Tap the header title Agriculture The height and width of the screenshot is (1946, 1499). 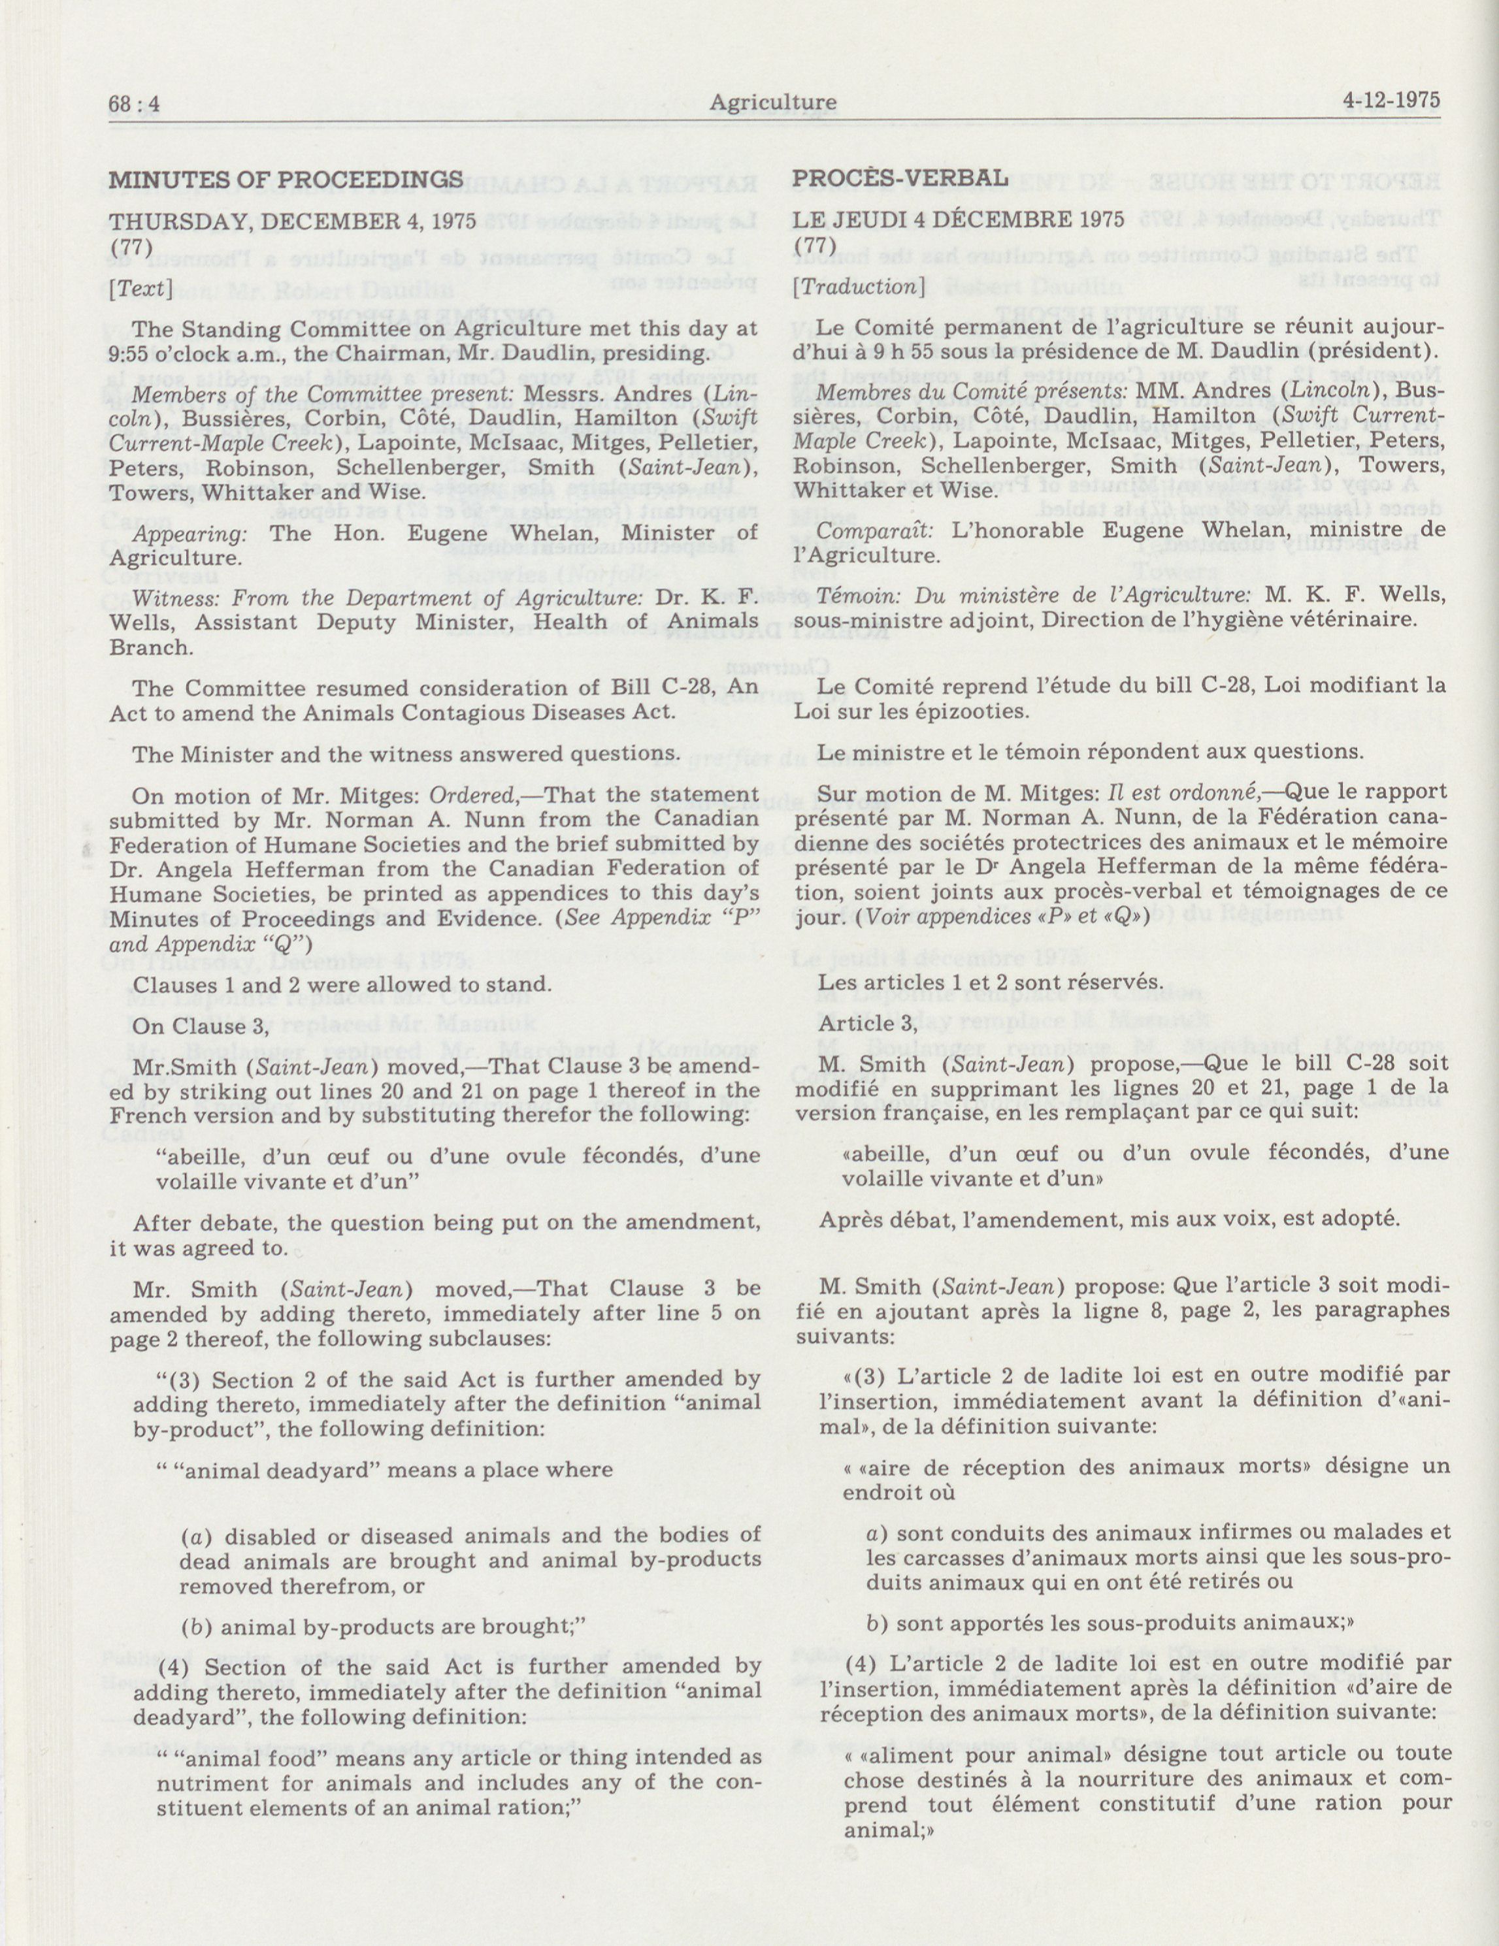point(772,103)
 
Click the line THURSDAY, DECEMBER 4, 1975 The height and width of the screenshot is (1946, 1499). point(292,221)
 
